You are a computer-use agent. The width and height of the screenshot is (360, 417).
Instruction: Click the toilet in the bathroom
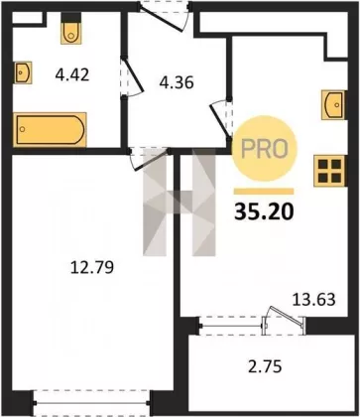(70, 29)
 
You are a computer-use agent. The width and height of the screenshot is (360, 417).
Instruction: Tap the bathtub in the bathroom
(50, 129)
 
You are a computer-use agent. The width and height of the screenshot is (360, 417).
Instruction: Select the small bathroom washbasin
(23, 72)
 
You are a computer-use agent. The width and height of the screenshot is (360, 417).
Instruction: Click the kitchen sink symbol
(334, 104)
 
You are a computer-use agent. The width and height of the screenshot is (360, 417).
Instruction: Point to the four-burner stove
(330, 171)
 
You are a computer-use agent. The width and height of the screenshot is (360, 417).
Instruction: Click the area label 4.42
(72, 74)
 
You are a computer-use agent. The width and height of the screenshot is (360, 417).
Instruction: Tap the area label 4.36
(177, 82)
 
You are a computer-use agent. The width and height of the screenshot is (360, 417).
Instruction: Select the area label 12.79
(92, 267)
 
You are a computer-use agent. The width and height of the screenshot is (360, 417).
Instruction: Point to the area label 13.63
(314, 300)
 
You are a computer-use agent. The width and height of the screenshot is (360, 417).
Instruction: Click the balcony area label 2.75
(265, 366)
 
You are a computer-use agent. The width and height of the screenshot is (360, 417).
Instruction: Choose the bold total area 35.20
(264, 211)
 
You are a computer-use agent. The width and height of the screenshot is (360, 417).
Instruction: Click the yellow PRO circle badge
(265, 148)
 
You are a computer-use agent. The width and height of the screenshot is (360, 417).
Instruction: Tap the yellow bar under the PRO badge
(264, 191)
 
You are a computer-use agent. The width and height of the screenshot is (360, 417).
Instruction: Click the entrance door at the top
(165, 17)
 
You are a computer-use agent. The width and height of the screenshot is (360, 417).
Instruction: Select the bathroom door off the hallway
(131, 78)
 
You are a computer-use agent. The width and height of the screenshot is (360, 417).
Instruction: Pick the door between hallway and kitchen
(221, 120)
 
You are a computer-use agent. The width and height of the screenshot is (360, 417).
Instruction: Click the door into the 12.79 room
(150, 159)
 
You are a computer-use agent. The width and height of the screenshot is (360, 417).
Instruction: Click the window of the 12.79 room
(92, 403)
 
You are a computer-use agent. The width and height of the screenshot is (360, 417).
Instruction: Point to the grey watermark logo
(180, 202)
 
